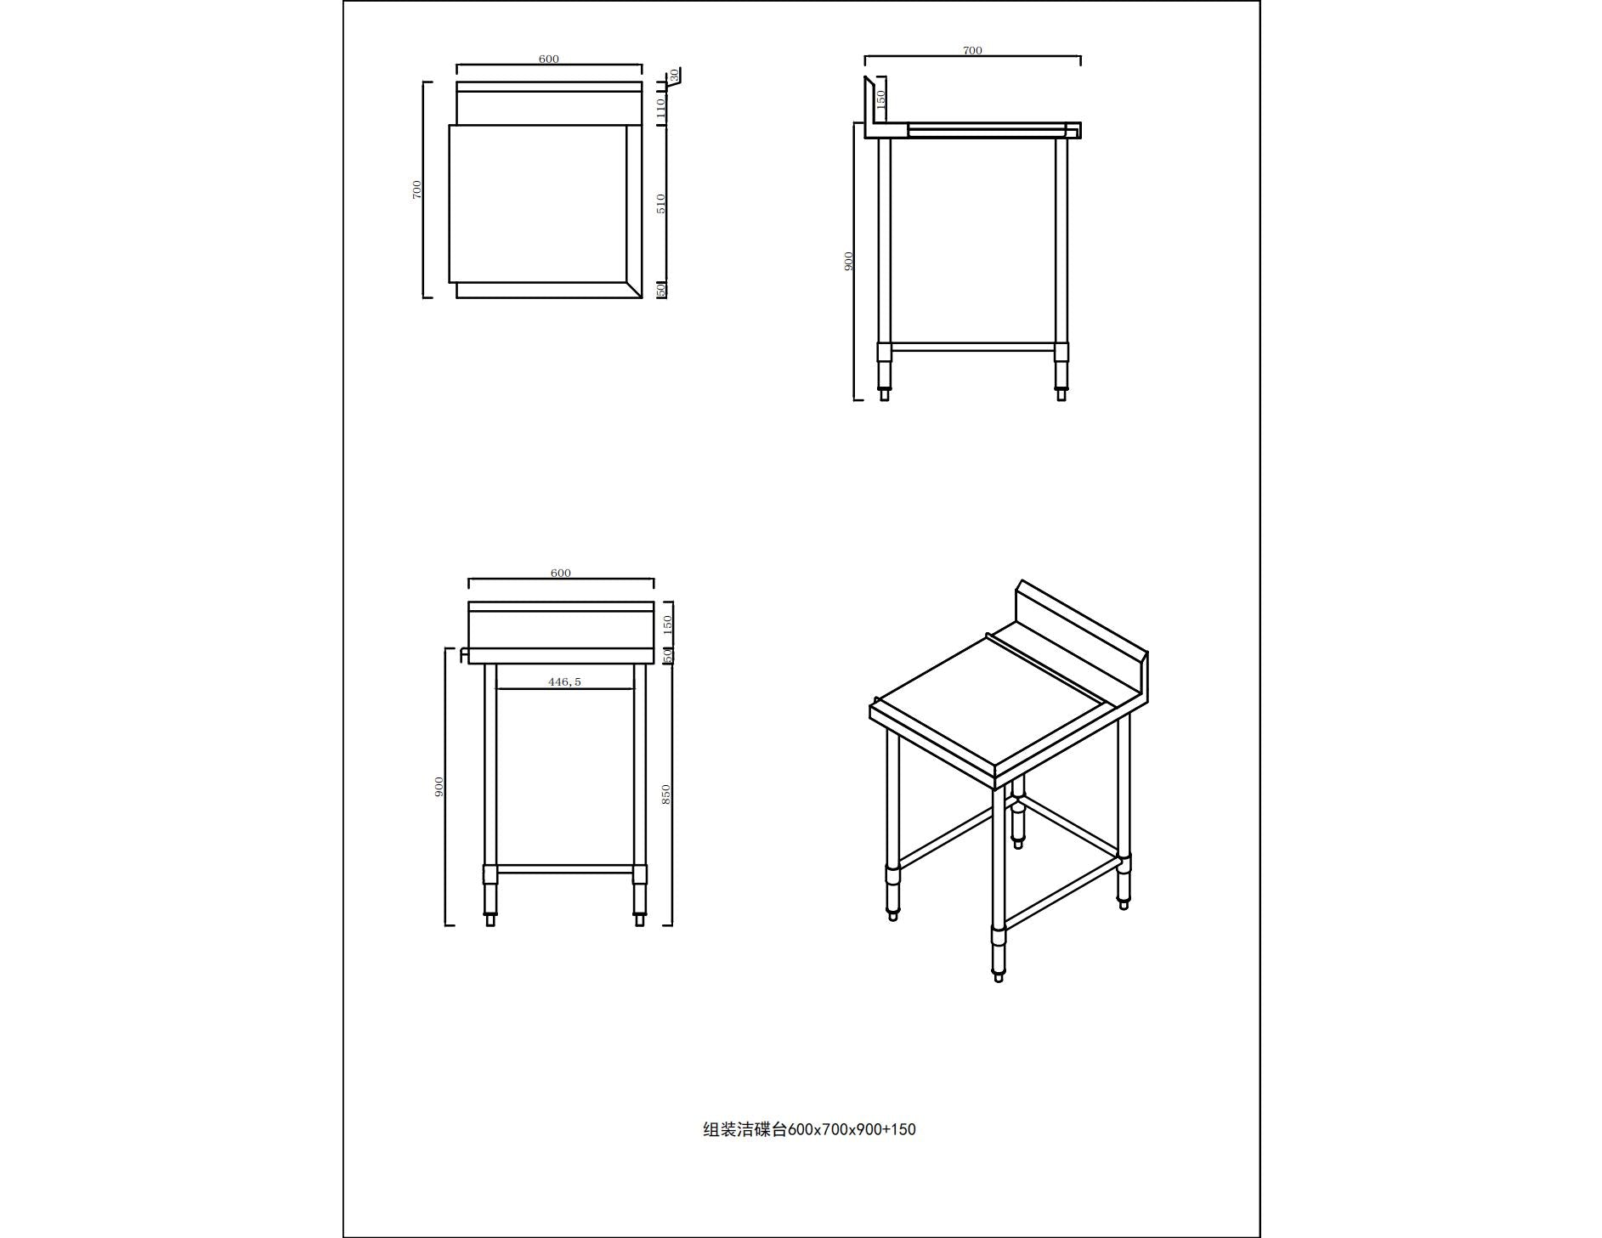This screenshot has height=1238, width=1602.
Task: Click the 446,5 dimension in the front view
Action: (564, 681)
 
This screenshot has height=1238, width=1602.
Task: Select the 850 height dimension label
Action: (666, 794)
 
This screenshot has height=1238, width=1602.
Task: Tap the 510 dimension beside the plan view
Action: (661, 203)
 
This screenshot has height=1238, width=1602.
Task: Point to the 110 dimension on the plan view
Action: (660, 107)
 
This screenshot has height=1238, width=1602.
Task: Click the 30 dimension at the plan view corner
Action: (675, 76)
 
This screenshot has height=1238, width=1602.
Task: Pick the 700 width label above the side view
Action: (972, 50)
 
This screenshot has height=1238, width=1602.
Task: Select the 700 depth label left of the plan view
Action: (416, 189)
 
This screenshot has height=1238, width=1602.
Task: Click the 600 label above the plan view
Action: (548, 59)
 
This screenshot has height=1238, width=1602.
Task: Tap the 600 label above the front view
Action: (560, 573)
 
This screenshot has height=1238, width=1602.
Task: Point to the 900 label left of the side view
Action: (847, 261)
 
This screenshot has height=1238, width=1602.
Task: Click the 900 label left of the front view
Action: (439, 787)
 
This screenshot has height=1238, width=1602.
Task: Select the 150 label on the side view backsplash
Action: (880, 98)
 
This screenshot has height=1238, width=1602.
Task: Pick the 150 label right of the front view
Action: (667, 625)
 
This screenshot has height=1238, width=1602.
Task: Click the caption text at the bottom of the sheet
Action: (809, 1129)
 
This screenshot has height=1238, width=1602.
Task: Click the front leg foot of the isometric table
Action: (998, 976)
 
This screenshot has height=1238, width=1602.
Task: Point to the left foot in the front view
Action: (490, 919)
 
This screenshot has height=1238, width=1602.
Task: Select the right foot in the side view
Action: (1061, 393)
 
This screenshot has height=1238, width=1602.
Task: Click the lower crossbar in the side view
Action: (972, 347)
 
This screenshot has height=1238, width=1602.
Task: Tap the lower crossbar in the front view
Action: (564, 869)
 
